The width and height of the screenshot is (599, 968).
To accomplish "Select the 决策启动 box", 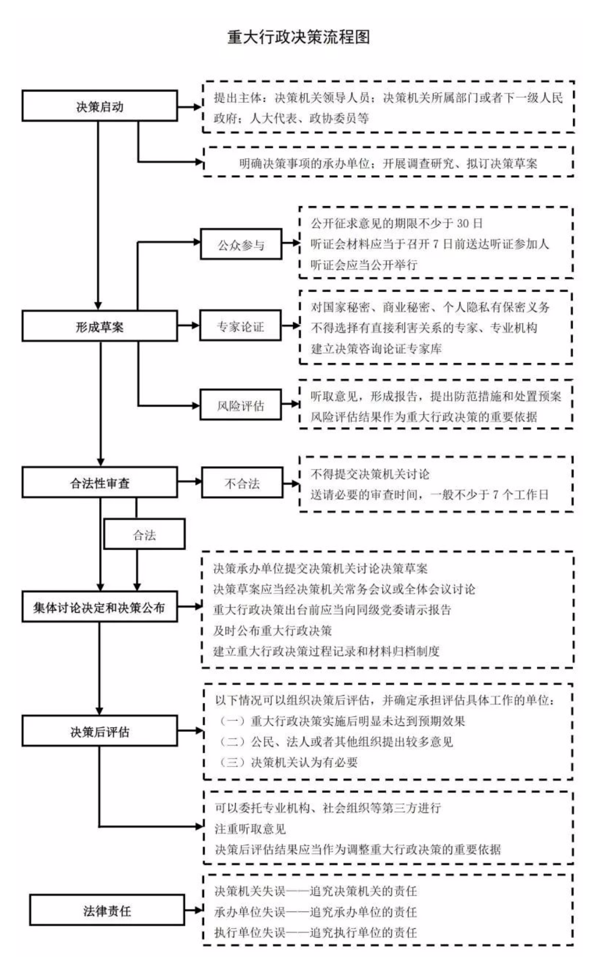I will pos(100,106).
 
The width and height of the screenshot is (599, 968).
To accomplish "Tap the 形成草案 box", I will pos(100,326).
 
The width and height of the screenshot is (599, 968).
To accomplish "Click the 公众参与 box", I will pos(241,245).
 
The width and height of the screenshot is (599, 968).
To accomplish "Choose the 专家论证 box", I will pos(241,326).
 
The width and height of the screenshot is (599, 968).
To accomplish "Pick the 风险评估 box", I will pos(241,405).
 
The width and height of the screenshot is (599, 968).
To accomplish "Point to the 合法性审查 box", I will pos(100,482).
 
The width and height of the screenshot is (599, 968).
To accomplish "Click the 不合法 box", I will pos(242,482).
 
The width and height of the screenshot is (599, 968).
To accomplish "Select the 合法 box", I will pos(145,534).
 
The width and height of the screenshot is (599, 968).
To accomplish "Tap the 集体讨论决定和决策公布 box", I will pos(100,607).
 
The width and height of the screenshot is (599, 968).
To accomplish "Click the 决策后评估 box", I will pos(100,731).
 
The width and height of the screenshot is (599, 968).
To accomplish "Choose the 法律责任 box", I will pos(107,910).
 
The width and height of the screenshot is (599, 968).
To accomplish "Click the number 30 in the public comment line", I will pos(463,223).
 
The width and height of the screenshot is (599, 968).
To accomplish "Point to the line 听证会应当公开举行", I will pos(364,265).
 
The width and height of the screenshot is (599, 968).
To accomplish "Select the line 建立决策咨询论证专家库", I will pos(376,349).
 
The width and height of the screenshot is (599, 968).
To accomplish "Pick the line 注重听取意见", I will pos(250,829).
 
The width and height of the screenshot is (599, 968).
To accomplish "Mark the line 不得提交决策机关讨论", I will pos(370,474).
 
